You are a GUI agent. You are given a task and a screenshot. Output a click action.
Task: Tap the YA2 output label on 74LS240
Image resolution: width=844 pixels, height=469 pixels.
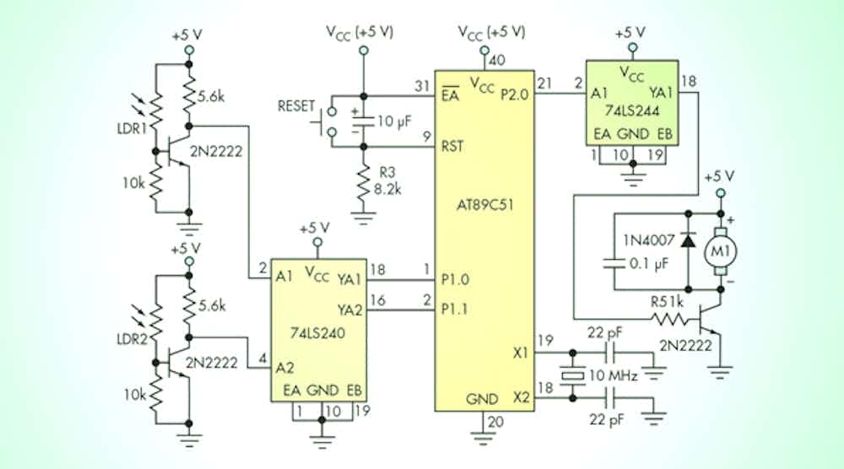[x=349, y=310]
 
